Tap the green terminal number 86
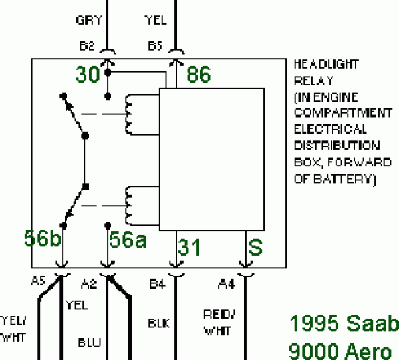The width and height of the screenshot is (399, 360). tap(199, 75)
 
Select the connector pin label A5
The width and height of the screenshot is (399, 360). tap(39, 281)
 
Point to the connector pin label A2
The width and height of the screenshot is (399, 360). tap(89, 285)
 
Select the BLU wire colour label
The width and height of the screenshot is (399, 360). tap(89, 343)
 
